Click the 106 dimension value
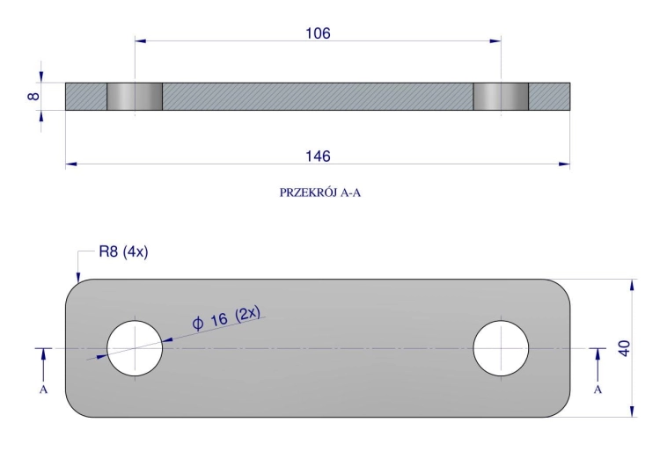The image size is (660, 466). coord(318,33)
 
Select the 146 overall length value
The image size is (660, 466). coord(318,157)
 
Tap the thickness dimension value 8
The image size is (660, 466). coord(33,97)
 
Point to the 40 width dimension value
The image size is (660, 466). coord(624,348)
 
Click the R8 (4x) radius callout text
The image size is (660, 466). coord(123,252)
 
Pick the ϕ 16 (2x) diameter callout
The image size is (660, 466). coord(226,317)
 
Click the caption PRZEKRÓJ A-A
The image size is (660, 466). coord(320,193)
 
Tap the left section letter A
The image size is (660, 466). coord(43,390)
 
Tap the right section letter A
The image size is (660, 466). coord(598,390)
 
